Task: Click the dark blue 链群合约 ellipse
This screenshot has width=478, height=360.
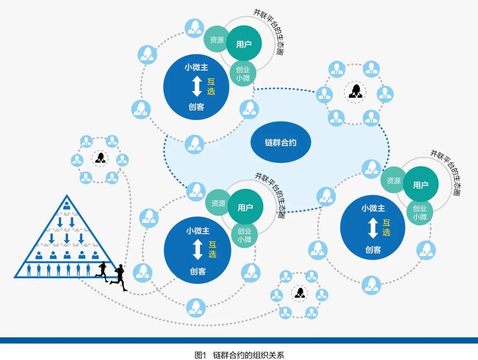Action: coord(281,142)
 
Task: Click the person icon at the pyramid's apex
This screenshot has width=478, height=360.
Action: coord(66,205)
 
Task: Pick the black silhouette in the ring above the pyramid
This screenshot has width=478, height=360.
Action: coord(100,158)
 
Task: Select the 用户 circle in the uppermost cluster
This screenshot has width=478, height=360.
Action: coord(243,44)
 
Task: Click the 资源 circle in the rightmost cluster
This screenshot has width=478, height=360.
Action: coord(393,180)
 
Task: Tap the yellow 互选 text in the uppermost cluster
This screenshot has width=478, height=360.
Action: coord(211,86)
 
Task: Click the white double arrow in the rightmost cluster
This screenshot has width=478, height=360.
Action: coord(373,229)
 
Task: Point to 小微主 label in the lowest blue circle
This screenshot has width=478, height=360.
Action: coord(197,231)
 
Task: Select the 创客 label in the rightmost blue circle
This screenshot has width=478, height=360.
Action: coord(373,249)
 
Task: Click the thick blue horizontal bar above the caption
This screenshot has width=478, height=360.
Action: coord(239,340)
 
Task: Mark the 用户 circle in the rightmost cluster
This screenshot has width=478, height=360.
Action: coord(420,185)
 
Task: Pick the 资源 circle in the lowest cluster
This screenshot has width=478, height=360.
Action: coord(218,203)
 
